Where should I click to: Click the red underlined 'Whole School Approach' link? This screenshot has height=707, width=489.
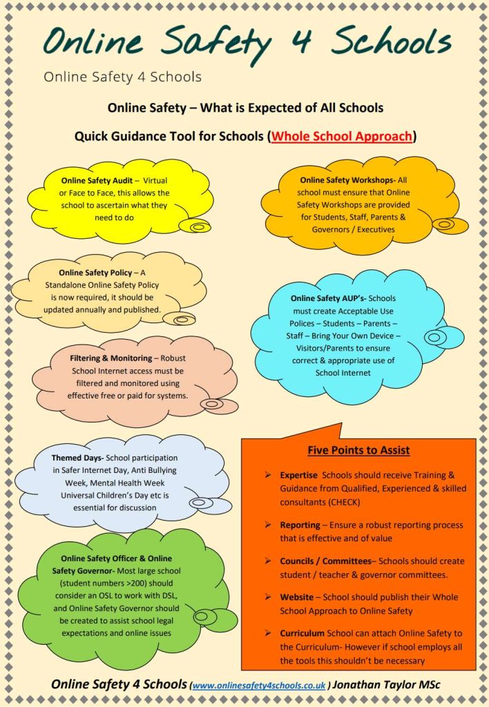point(342,136)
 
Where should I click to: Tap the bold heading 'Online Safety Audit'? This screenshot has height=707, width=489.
point(92,181)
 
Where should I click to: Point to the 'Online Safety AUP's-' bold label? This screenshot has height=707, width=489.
point(328,298)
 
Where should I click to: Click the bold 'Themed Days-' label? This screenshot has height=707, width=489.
point(77,458)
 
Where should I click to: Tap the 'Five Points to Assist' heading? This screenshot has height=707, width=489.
point(358,451)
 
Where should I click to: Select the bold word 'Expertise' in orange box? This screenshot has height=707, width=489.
point(299,476)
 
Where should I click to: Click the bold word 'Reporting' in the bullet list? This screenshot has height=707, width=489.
point(300,525)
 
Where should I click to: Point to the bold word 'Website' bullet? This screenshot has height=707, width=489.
point(296,597)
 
